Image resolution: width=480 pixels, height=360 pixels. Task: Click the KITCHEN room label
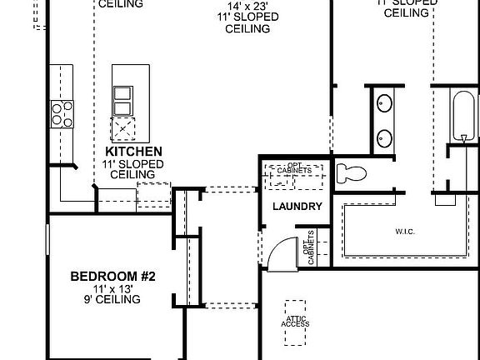coord(133,152)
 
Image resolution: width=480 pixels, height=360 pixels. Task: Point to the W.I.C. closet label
coord(406,230)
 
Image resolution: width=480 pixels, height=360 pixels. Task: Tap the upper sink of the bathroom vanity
coord(385,103)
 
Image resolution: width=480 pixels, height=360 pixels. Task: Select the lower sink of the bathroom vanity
coord(385,137)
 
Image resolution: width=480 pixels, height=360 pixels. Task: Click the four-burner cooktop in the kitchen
coord(62,112)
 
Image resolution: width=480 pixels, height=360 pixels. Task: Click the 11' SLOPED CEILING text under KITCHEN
coord(133,169)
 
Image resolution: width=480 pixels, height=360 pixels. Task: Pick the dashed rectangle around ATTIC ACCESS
coord(296,323)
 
